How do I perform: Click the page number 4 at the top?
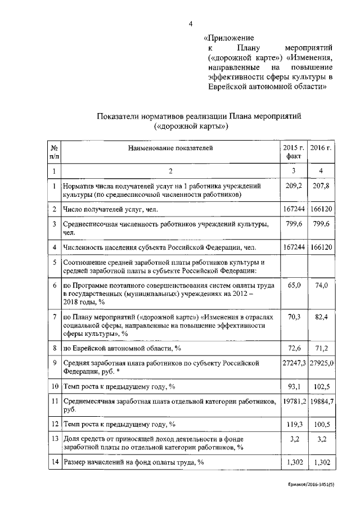[x=190, y=24]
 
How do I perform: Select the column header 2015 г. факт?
[x=293, y=152]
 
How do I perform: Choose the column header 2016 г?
[x=322, y=148]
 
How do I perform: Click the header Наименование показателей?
[x=170, y=148]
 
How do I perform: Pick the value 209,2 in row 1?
[x=294, y=185]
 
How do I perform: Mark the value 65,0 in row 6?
[x=294, y=286]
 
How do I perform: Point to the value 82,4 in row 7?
[x=322, y=317]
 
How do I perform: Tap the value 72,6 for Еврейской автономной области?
[x=294, y=348]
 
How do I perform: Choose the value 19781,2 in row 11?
[x=294, y=402]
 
